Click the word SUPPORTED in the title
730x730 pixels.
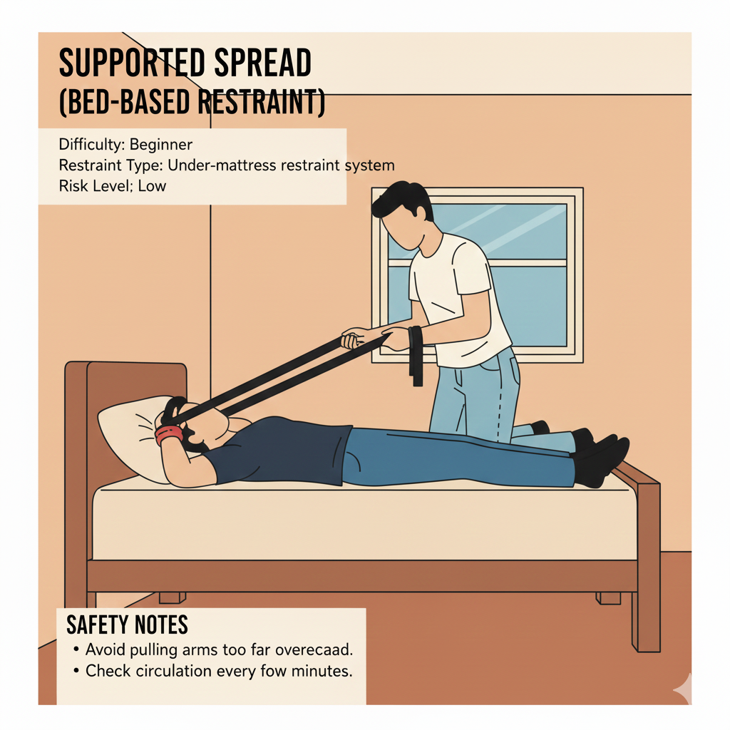coord(132,63)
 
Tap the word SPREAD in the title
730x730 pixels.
coord(263,63)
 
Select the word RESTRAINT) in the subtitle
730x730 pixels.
coord(261,102)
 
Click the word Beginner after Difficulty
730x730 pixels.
coord(160,144)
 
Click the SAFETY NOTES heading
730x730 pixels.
coord(127,624)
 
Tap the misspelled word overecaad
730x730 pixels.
coord(314,649)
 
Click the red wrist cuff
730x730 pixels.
coord(168,434)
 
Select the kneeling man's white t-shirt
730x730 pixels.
coord(458,298)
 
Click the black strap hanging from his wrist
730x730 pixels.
coord(416,356)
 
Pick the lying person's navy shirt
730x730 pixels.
coord(279,449)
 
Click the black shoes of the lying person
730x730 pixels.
coord(600,458)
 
